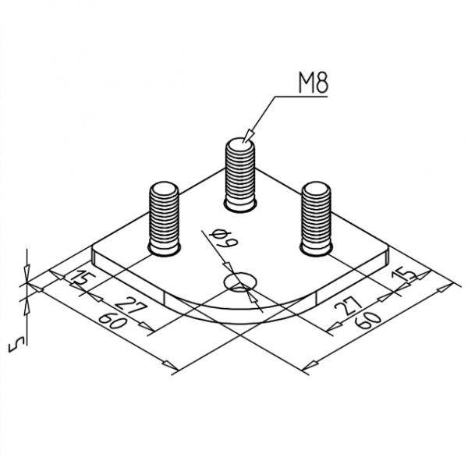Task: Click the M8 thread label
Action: tap(311, 83)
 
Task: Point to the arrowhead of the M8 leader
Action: tap(248, 136)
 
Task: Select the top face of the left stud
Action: tap(164, 190)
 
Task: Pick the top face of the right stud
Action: tap(317, 190)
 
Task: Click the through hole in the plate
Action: tap(240, 282)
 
